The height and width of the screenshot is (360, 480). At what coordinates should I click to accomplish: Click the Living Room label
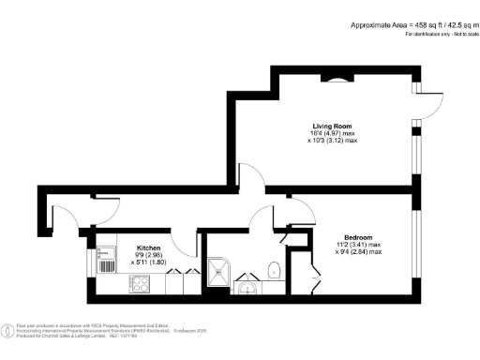333,125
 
